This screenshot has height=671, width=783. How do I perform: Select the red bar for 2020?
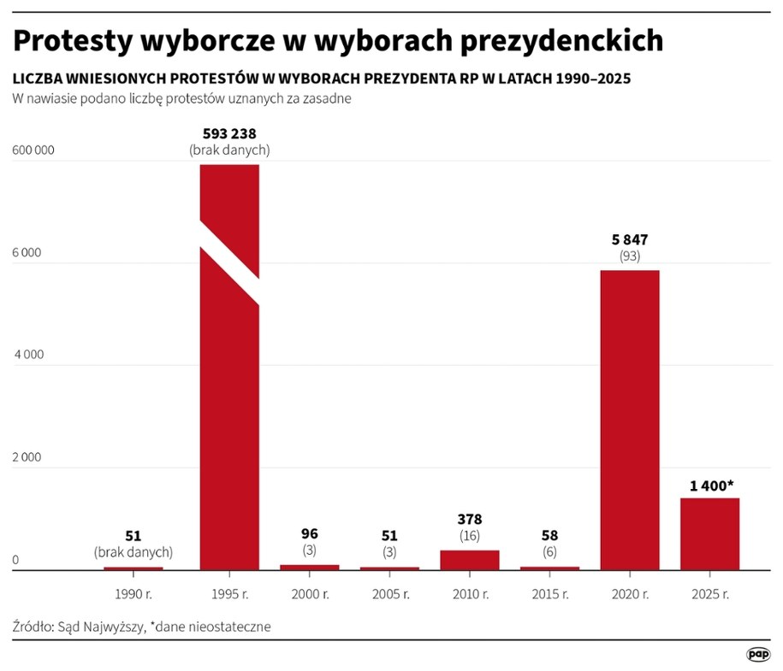click(630, 419)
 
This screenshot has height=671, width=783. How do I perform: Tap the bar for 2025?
click(709, 533)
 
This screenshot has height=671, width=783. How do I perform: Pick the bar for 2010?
click(470, 559)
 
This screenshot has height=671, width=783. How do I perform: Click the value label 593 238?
click(229, 133)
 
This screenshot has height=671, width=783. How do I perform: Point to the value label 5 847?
click(630, 239)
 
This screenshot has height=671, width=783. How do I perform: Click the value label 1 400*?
click(709, 486)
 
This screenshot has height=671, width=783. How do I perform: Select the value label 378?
click(470, 519)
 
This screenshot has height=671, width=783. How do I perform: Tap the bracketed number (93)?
click(630, 256)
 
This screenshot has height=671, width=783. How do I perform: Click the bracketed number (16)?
click(470, 535)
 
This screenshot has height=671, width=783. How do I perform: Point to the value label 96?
click(310, 534)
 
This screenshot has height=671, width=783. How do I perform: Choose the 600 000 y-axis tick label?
click(33, 150)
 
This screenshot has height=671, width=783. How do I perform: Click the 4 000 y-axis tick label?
click(27, 355)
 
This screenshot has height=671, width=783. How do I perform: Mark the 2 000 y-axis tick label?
click(27, 457)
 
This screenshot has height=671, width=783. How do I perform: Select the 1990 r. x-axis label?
click(133, 592)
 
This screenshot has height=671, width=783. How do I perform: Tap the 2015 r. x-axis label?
click(549, 592)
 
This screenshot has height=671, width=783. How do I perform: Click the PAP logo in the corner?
click(756, 654)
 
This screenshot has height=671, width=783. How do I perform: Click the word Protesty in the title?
click(68, 39)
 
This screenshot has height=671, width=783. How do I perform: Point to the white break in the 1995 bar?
click(229, 262)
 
